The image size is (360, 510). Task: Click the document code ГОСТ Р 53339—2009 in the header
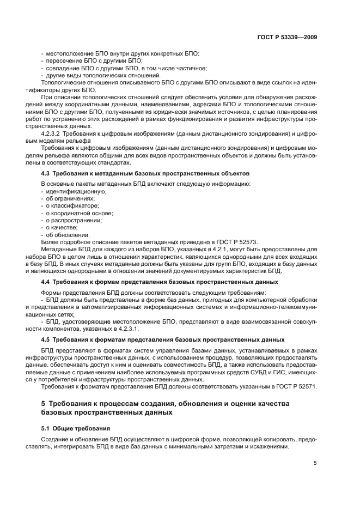287,38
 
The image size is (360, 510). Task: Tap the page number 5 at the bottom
315,463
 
